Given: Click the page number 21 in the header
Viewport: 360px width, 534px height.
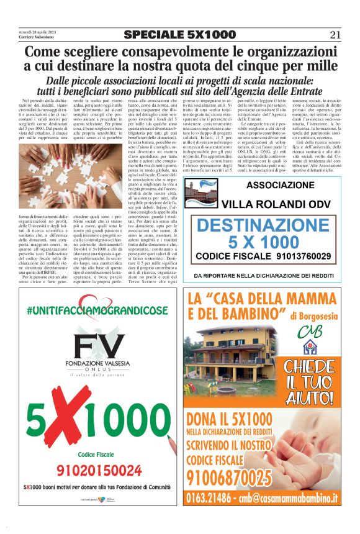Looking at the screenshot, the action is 335,35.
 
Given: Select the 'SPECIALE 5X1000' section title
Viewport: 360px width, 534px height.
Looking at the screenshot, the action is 180,35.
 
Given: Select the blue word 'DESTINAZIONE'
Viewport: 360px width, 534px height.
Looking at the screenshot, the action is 263,225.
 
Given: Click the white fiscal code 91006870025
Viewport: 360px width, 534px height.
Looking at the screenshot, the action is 229,477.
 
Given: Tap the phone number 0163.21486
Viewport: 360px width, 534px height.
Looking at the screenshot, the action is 215,497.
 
